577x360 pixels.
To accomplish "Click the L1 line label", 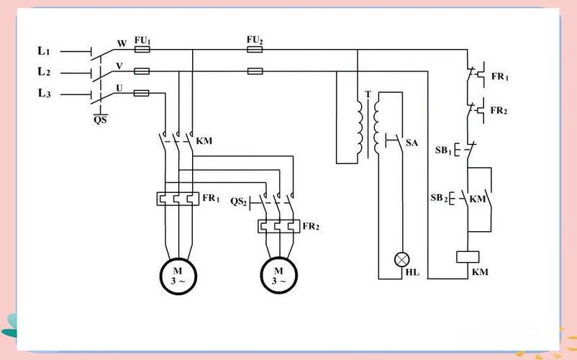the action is (x=44, y=51).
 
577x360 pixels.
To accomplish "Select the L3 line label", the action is (x=44, y=94).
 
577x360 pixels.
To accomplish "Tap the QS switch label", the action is (x=100, y=120).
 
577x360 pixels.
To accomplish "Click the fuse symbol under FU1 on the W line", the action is (x=142, y=50).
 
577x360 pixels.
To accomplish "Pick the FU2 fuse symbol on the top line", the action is (x=255, y=50).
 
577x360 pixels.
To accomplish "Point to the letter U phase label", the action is (x=119, y=89).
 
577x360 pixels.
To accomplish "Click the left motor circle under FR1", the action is (x=178, y=276).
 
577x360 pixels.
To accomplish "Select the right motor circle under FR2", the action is (x=279, y=275).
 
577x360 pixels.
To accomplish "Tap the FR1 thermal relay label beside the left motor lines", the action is (x=211, y=198).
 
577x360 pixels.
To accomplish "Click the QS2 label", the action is (x=238, y=202).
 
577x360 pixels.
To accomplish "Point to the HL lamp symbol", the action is (x=402, y=259).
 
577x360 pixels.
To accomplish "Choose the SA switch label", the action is (x=412, y=143).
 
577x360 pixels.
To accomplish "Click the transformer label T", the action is (x=368, y=94).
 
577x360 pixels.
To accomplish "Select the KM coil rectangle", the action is (x=468, y=257).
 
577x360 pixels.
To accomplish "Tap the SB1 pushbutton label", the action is (x=443, y=150).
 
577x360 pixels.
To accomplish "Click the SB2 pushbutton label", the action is (x=440, y=198).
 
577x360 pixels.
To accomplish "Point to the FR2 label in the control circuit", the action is (x=499, y=110).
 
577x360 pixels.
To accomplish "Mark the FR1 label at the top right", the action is (x=500, y=76).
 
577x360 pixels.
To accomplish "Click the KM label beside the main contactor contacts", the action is (x=204, y=141).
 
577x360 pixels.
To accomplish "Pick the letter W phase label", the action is (x=122, y=43).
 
